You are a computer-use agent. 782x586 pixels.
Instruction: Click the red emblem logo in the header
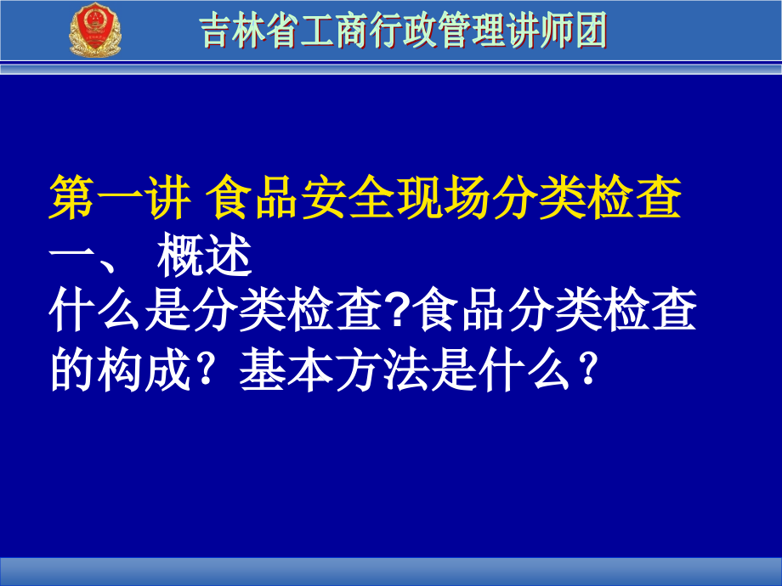94,30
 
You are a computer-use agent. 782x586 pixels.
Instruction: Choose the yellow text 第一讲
120,197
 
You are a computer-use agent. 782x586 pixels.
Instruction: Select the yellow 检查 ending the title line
633,197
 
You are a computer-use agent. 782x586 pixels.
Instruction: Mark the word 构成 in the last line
144,369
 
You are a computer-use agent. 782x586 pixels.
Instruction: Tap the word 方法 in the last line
382,369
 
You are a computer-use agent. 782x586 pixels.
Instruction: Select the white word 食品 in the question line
461,310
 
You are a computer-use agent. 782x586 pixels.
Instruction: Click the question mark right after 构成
206,369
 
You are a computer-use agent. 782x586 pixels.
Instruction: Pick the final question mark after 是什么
588,369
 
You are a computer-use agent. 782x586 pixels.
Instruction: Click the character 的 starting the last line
73,369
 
